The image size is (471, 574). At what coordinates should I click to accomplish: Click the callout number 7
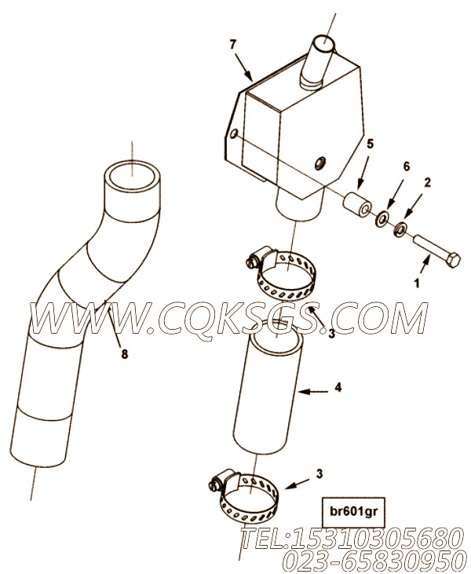click(233, 45)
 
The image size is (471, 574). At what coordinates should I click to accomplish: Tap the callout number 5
click(371, 144)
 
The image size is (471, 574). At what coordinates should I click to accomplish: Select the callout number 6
click(407, 166)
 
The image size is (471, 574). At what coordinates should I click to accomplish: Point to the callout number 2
click(428, 182)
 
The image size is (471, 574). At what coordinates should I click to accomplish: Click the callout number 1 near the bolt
click(417, 283)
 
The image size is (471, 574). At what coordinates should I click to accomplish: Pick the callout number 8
click(125, 353)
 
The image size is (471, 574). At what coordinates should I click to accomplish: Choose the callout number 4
click(338, 387)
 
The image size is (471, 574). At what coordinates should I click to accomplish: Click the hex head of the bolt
click(452, 259)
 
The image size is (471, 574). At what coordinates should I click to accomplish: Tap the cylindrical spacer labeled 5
click(357, 206)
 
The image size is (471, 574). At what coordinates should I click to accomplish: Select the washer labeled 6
click(383, 218)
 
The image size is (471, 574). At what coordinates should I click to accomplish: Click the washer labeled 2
click(400, 229)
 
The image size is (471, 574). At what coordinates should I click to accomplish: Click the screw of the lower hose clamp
click(214, 485)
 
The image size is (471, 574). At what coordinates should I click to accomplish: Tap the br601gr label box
click(348, 512)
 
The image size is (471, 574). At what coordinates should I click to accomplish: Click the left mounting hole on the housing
click(234, 134)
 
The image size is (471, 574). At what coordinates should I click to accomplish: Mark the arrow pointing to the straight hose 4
click(313, 392)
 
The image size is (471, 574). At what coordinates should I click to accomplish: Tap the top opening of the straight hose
click(279, 337)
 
